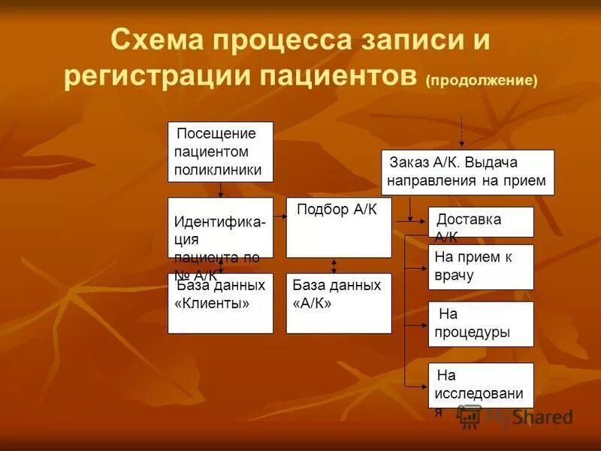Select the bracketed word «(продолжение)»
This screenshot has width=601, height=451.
482,80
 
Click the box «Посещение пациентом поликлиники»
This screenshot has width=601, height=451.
220,152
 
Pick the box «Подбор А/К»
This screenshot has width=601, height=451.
338,228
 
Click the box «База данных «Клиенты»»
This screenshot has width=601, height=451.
220,304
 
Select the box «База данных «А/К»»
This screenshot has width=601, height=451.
338,304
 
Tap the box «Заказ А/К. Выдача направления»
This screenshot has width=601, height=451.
468,172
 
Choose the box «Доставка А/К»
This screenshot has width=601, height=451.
481,222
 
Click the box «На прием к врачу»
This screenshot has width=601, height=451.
481,267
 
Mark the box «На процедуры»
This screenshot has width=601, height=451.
481,324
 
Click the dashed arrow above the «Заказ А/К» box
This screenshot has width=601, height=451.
461,131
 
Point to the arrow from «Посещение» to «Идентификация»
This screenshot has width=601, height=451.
220,189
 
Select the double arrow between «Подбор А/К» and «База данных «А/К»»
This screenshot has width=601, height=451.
334,265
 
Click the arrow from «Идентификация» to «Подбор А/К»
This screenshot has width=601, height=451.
280,216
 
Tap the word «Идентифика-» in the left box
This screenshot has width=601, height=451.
219,223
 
